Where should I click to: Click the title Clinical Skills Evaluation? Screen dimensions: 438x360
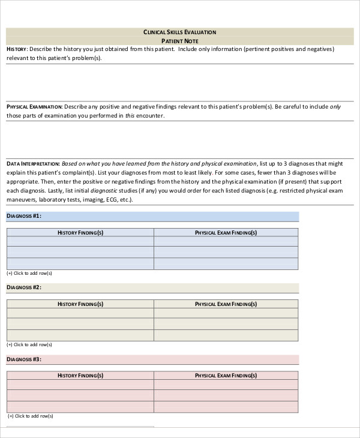(180, 32)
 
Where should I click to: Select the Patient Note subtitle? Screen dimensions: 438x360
(180, 40)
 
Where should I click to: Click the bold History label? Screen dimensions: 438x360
(16, 49)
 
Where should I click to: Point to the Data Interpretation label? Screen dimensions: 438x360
(33, 163)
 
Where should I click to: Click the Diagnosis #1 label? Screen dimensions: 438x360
(24, 216)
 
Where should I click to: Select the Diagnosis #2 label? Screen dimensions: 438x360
(24, 287)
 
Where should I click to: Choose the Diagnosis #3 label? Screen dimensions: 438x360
(24, 359)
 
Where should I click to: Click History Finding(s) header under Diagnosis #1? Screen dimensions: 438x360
(80, 232)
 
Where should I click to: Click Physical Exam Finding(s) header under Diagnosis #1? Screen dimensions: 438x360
(226, 232)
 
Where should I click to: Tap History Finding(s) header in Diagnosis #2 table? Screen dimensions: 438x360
(80, 304)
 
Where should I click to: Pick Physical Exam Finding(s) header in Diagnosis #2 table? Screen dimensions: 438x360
(226, 304)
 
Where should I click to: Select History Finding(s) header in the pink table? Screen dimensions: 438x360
(80, 376)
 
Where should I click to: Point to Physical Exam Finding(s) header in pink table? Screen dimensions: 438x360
(226, 376)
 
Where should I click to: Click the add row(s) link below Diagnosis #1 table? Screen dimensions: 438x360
(29, 273)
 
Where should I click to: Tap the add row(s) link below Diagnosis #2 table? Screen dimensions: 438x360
(29, 344)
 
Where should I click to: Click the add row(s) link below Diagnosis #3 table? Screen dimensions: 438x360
(29, 416)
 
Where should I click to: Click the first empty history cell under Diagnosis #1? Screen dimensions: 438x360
(80, 242)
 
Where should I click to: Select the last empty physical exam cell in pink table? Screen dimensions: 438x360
(226, 406)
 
